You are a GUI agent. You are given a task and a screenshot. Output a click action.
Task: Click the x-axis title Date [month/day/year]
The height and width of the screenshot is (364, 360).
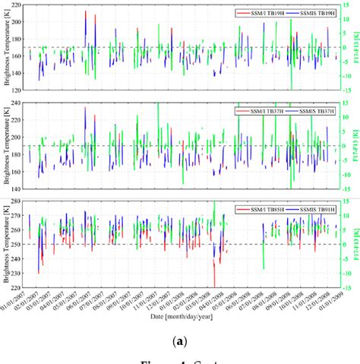(181, 315)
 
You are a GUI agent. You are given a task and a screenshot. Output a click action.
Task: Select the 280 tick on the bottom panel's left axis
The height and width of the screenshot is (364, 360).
(17, 199)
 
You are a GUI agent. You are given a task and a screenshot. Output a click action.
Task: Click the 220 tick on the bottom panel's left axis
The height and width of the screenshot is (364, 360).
(17, 287)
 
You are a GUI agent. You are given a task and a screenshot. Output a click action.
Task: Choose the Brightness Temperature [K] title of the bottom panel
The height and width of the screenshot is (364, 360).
(5, 244)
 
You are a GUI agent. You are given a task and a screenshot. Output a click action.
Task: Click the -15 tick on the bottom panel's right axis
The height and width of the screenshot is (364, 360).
(344, 287)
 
